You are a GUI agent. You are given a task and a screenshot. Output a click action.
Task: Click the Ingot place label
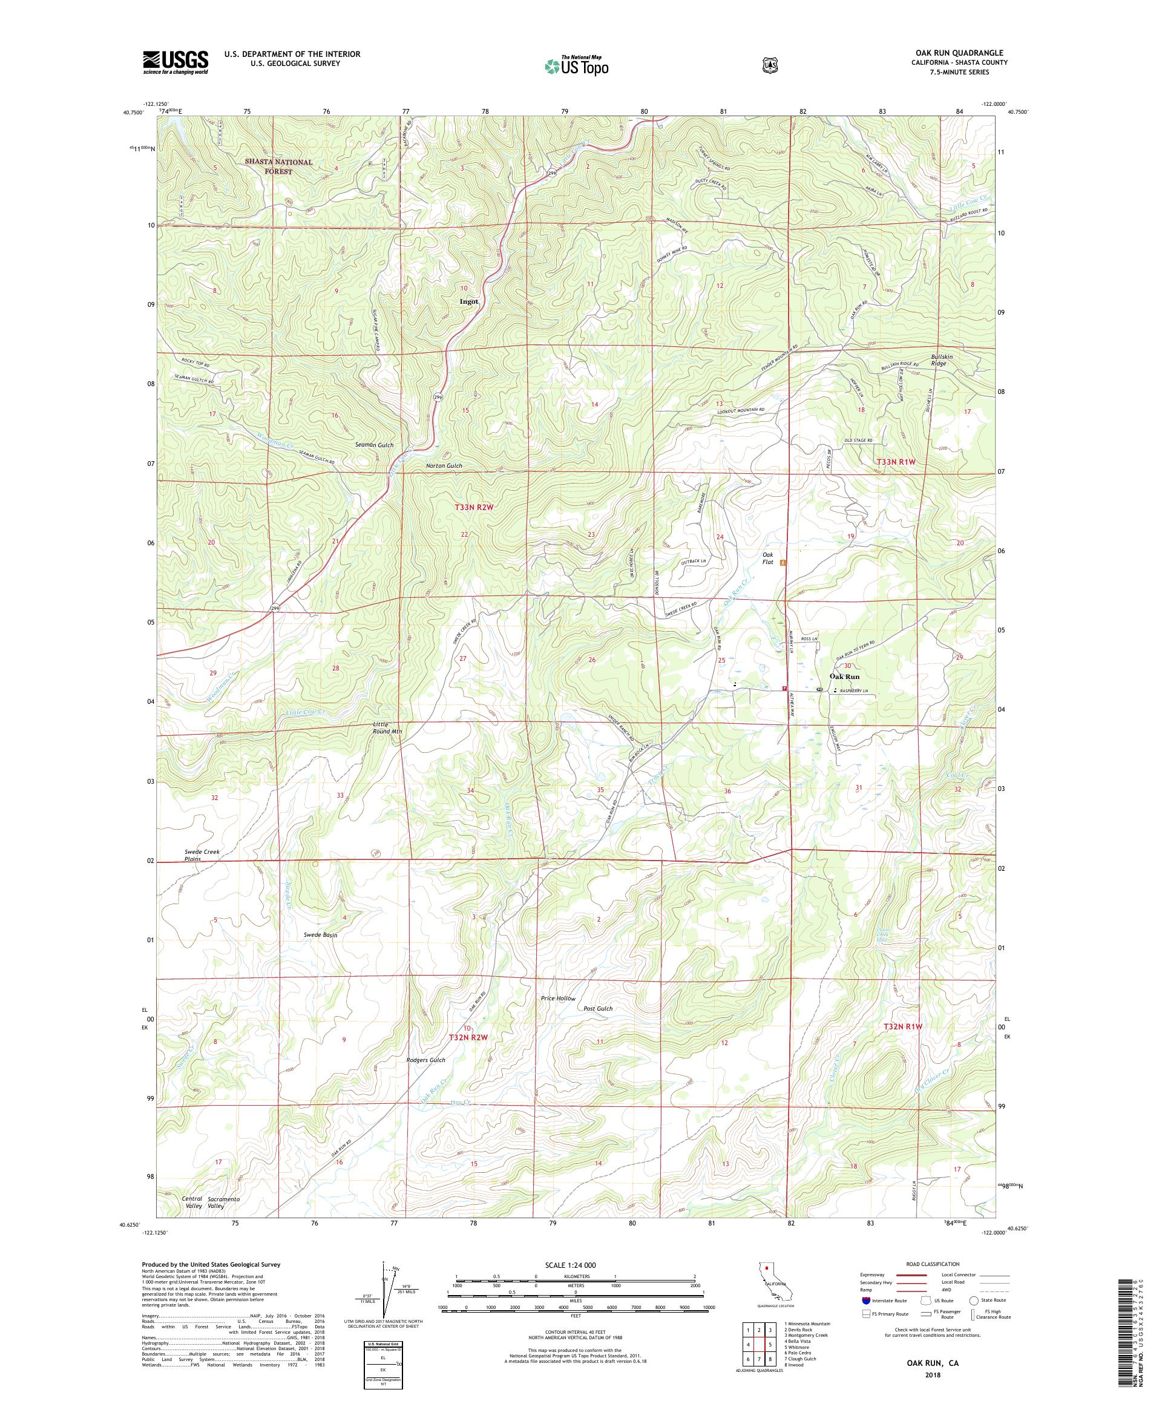point(468,301)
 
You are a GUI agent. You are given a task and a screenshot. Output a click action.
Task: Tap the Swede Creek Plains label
point(202,855)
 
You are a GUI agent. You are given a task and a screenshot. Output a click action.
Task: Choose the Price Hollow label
point(557,998)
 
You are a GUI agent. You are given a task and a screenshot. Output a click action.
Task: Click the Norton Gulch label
point(445,466)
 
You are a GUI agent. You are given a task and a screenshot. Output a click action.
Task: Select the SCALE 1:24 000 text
point(576,1265)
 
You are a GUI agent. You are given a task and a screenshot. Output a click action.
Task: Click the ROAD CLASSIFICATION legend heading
point(932,1264)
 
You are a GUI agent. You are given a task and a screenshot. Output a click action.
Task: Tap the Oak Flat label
point(767,557)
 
